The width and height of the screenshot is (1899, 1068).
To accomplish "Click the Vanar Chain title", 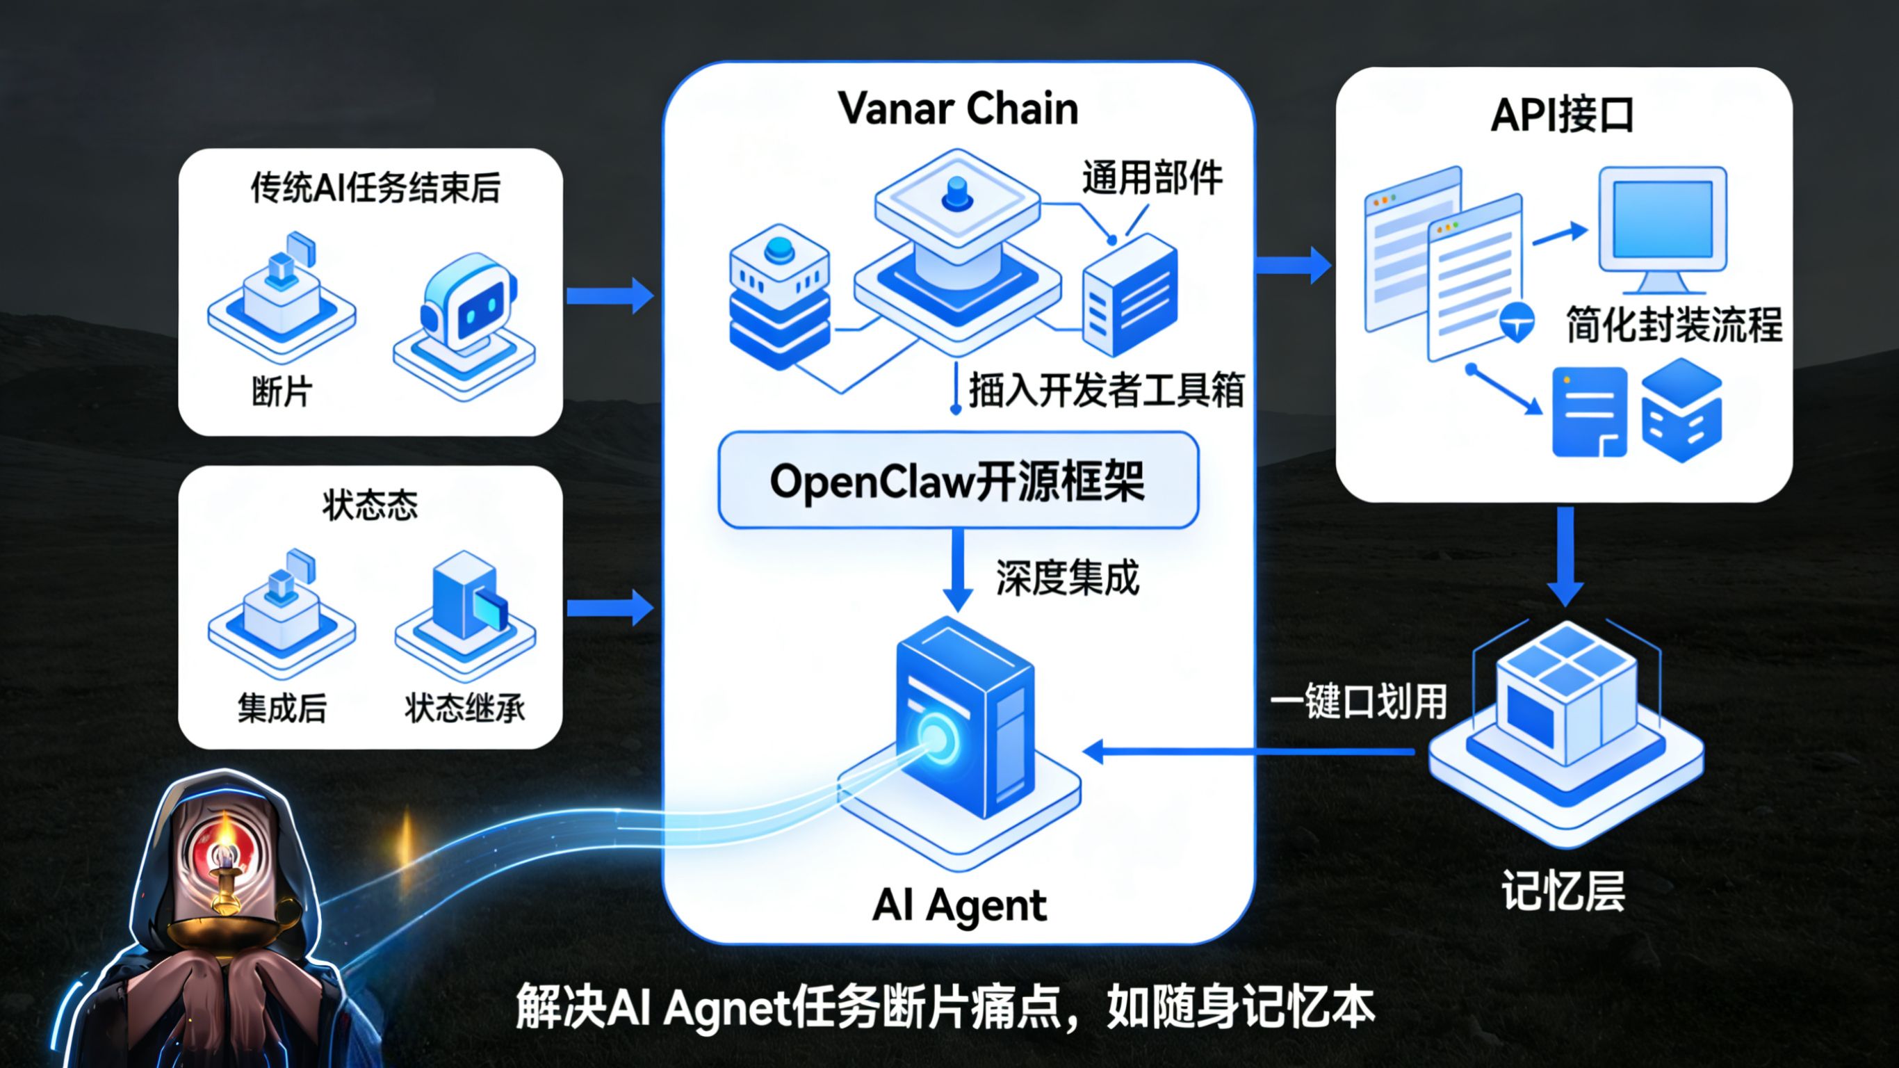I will pos(959,109).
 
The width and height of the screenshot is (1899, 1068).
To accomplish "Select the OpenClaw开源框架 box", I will pos(959,481).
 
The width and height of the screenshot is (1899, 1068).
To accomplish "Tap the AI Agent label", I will pos(959,905).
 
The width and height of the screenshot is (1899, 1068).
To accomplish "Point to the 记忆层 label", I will pos(1563,891).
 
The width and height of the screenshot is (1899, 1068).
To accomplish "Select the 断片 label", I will pos(282,391).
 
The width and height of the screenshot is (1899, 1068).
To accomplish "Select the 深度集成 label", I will pos(1068,578).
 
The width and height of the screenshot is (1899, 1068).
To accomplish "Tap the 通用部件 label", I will pos(1152,178).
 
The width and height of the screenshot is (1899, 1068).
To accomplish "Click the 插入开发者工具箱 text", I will pos(1107,390).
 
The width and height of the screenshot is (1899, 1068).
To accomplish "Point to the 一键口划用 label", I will pos(1359,702).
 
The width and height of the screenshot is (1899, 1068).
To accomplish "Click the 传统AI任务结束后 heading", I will pos(375,188).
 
